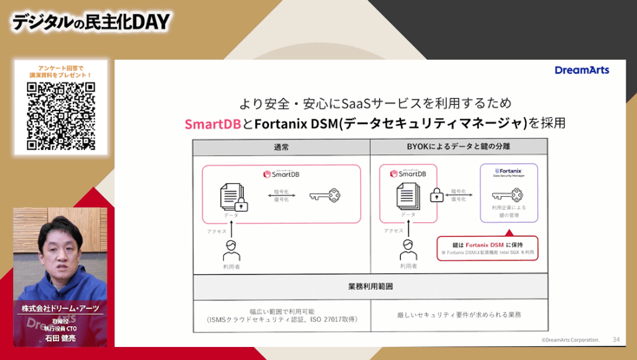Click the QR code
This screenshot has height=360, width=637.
61,116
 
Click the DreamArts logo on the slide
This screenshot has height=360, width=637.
581,70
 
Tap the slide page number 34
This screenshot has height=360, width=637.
616,339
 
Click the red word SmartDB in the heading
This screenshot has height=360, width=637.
213,124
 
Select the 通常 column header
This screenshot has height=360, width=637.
281,147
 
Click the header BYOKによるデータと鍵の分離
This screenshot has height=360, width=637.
458,147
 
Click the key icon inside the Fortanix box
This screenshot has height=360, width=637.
508,195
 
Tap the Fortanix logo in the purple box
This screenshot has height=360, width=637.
509,172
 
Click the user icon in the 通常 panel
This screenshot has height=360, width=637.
231,250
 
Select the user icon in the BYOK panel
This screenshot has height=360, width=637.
408,250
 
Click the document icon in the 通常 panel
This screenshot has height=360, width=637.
231,195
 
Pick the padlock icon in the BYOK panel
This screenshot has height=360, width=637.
437,197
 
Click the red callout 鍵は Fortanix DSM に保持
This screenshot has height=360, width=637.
487,248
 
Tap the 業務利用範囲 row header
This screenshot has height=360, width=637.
370,285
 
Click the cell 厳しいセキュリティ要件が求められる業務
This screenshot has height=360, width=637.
459,315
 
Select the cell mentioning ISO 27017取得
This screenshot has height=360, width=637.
281,316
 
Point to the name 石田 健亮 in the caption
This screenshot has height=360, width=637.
60,339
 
